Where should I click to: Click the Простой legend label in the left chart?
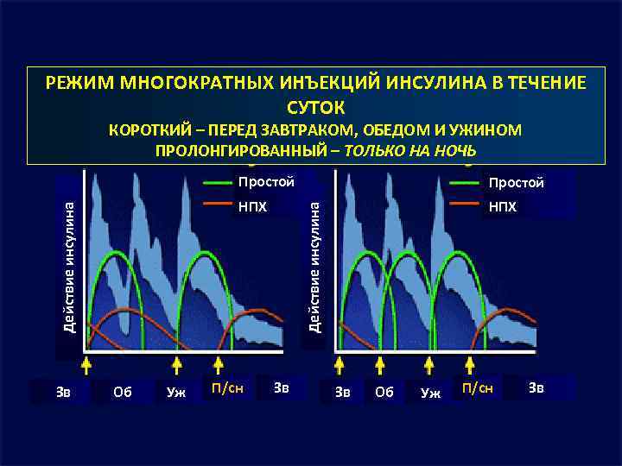click(266, 182)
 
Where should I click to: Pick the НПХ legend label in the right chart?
click(503, 207)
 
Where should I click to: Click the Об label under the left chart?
click(123, 391)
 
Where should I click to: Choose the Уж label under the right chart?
click(428, 393)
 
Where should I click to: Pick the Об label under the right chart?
click(384, 391)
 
